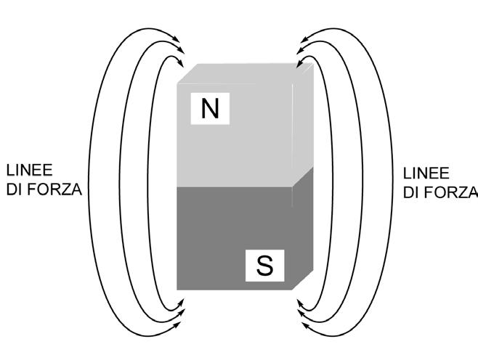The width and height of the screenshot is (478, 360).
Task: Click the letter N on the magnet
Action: (x=210, y=108)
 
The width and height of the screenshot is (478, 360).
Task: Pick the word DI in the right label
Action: (x=412, y=192)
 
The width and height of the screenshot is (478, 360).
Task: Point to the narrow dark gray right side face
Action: (x=303, y=225)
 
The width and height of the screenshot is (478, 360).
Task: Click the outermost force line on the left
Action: (x=88, y=181)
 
